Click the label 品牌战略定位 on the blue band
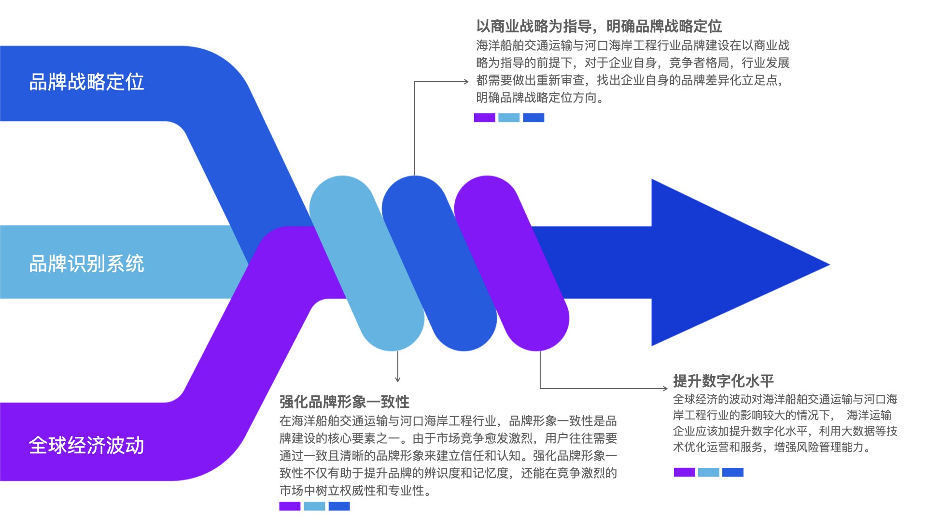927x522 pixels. click(86, 82)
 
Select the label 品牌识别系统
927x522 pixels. click(86, 264)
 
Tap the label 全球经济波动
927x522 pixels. click(86, 445)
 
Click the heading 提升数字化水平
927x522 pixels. click(723, 381)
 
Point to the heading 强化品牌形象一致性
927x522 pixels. click(344, 402)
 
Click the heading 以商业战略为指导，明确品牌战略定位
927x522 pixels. click(599, 26)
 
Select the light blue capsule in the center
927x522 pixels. click(367, 263)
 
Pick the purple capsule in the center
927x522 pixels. click(512, 263)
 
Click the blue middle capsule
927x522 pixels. click(439, 263)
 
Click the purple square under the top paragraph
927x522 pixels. click(484, 117)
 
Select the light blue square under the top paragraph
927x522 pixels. click(509, 117)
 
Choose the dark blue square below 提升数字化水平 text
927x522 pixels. click(733, 472)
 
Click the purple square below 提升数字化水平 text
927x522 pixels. click(684, 472)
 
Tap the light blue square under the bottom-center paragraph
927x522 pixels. click(314, 506)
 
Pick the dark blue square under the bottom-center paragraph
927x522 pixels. click(339, 506)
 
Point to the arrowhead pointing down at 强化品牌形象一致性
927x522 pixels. click(397, 379)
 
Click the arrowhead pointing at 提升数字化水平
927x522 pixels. click(665, 388)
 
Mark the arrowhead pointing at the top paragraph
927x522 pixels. click(466, 82)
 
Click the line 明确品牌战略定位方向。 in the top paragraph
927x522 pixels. click(540, 98)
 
